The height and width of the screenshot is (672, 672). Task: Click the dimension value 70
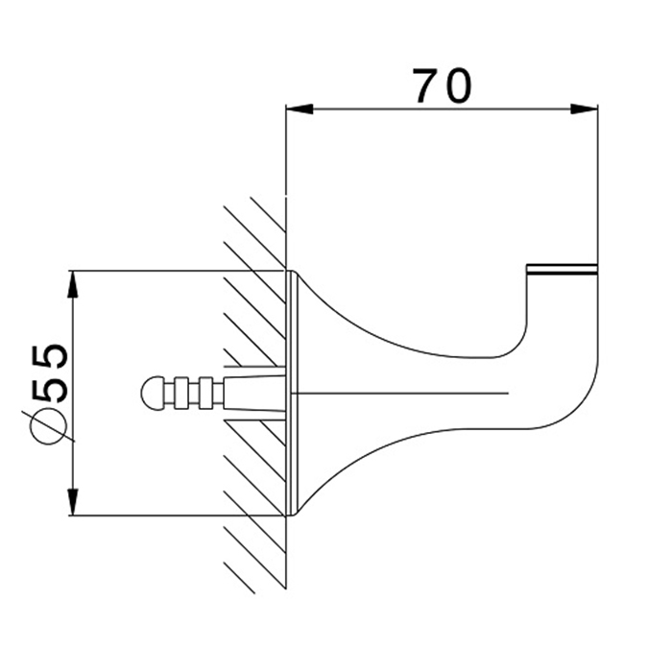[x=442, y=85]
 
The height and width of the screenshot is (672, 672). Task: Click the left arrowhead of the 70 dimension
[x=300, y=109]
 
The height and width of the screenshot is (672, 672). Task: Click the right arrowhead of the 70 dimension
[x=584, y=109]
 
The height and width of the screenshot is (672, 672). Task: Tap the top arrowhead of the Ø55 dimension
[x=73, y=284]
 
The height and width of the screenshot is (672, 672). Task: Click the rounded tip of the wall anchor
[x=152, y=393]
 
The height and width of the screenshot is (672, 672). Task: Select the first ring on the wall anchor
[x=181, y=393]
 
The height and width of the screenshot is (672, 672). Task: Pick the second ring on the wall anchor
[x=206, y=393]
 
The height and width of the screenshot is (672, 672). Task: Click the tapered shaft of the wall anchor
[x=254, y=393]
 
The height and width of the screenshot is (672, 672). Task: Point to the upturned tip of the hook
[x=562, y=270]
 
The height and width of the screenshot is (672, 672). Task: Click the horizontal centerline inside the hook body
[x=399, y=393]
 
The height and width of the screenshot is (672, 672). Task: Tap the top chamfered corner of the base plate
[x=296, y=274]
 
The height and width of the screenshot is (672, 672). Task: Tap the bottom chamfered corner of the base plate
[x=296, y=512]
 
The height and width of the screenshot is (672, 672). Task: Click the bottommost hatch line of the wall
[x=240, y=578]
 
